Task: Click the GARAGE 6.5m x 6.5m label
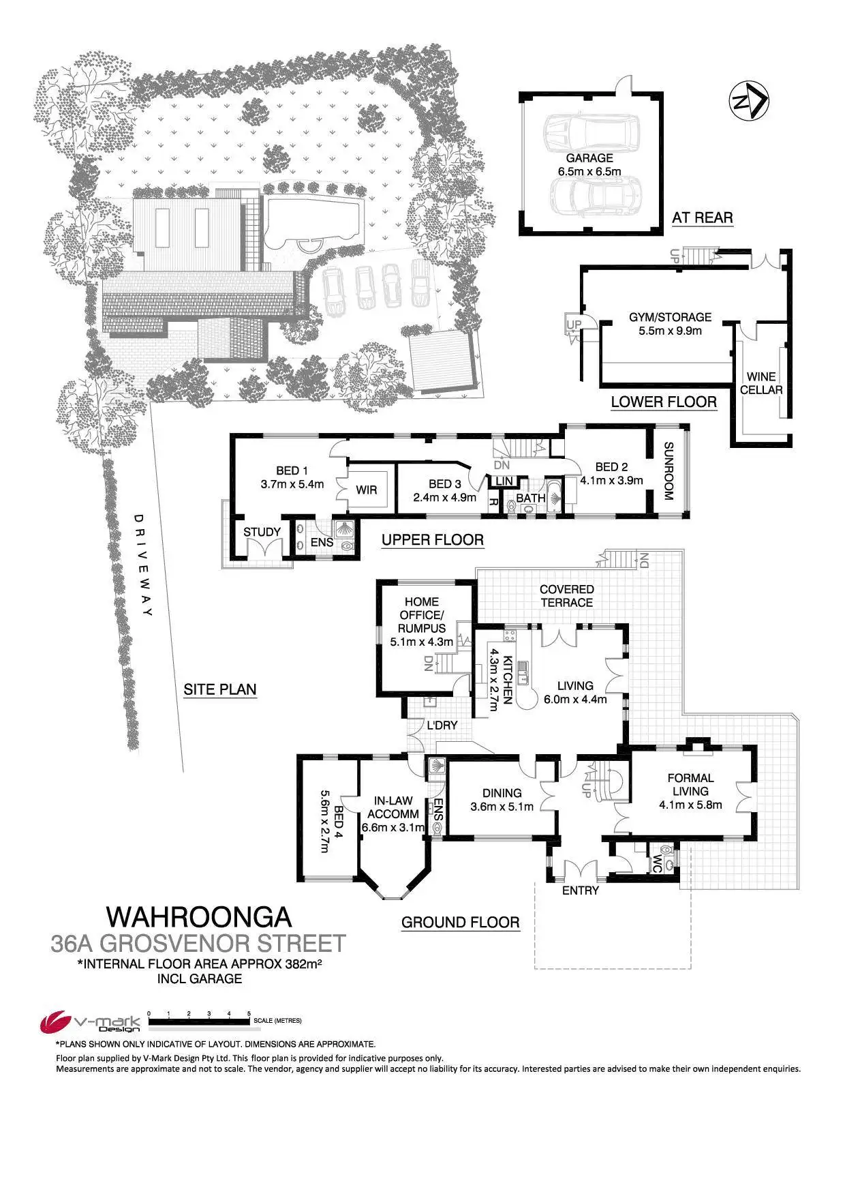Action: coord(589,165)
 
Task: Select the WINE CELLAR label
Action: coord(761,383)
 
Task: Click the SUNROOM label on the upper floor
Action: coord(669,472)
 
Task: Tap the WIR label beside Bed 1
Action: coord(367,490)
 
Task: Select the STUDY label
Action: coord(262,533)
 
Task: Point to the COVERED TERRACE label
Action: coord(566,596)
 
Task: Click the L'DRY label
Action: coord(442,725)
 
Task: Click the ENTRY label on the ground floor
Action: coord(581,891)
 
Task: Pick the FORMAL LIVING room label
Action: coord(690,791)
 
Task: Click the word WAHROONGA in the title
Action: coord(198,916)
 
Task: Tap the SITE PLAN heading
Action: coord(219,689)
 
